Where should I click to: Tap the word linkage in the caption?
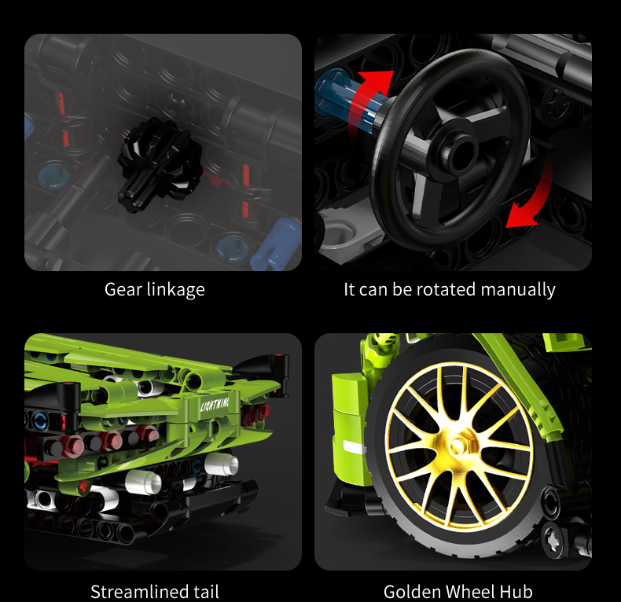point(176,290)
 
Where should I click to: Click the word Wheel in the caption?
point(469,591)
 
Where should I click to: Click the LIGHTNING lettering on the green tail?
point(215,405)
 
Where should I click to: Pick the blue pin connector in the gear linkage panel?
point(275,244)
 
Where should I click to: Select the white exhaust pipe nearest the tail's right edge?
point(222,463)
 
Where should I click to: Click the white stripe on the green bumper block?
point(353,446)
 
